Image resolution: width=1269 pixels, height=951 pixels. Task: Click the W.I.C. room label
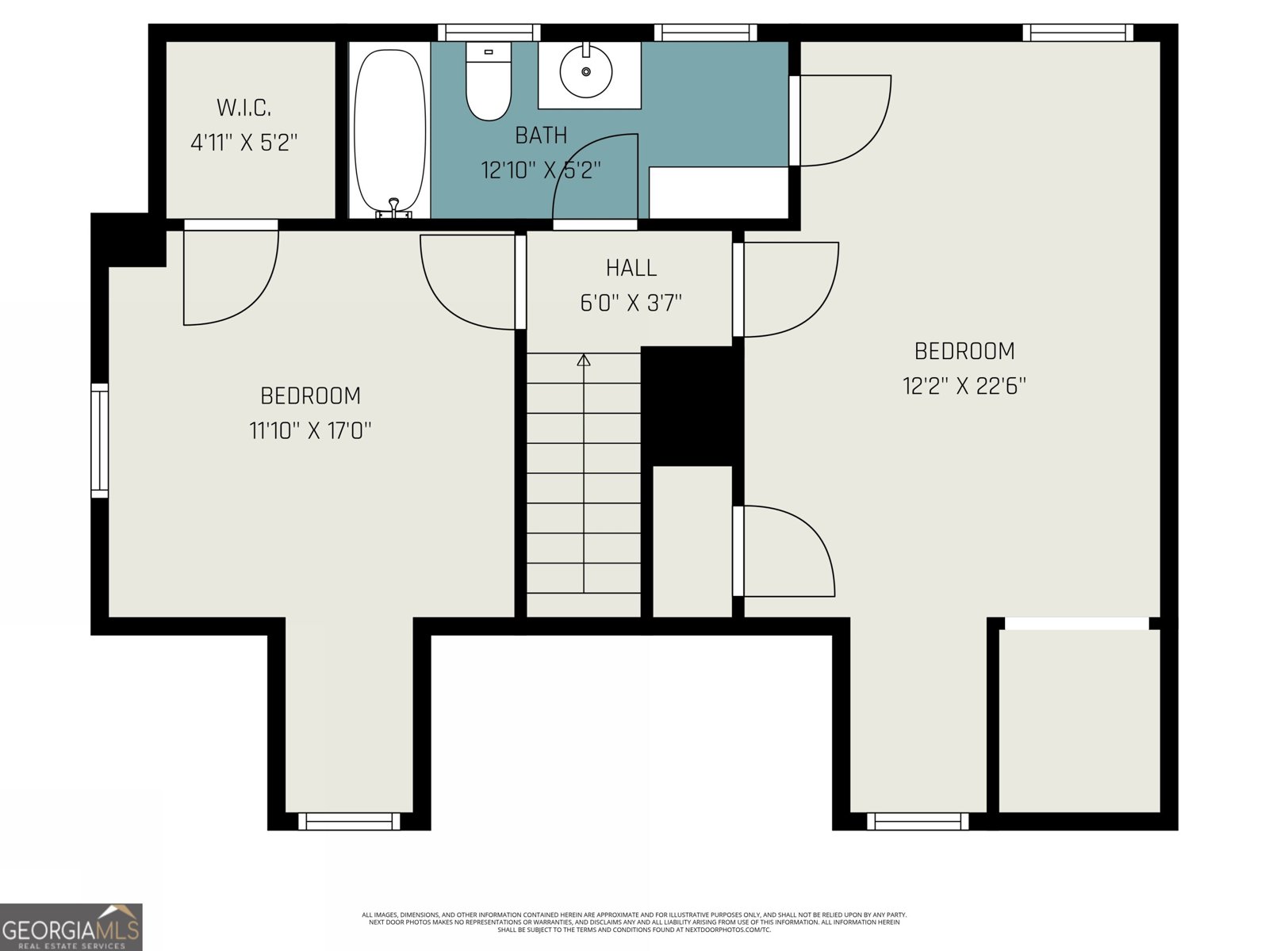click(243, 108)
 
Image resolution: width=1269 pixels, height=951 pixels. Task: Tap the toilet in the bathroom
click(489, 81)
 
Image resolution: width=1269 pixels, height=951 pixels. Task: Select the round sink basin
click(585, 71)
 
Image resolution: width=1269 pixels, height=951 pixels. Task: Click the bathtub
click(389, 132)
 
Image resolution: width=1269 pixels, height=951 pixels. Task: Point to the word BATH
click(541, 136)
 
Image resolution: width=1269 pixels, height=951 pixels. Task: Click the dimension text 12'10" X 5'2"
click(541, 170)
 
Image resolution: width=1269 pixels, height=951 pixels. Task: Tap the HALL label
click(631, 268)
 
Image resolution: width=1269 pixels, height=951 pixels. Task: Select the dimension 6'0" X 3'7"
click(631, 303)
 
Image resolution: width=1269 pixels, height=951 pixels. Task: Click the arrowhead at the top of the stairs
click(583, 360)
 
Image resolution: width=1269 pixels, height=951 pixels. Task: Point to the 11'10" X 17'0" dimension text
click(310, 431)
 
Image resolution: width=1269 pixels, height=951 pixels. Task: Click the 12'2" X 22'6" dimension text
click(964, 386)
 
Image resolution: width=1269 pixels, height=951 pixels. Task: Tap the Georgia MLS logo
click(71, 926)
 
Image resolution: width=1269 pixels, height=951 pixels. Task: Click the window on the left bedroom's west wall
click(99, 440)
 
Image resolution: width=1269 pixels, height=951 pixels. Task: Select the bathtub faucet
click(393, 208)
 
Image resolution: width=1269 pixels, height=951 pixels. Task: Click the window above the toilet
click(489, 32)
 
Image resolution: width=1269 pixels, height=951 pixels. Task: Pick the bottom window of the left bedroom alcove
click(349, 821)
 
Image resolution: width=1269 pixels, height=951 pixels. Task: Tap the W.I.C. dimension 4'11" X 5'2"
click(244, 142)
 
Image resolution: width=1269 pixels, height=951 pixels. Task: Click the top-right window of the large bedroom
click(1078, 32)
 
